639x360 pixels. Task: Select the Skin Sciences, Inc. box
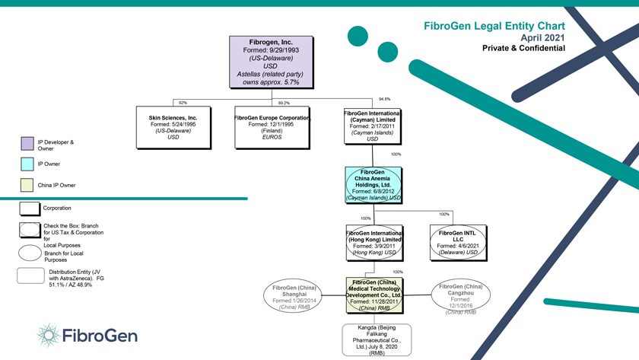point(173,127)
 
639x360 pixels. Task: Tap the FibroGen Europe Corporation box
point(272,127)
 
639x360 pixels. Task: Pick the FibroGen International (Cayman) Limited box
point(372,126)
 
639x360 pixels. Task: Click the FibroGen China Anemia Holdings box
point(373,184)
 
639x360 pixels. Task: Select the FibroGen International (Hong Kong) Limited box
point(374,242)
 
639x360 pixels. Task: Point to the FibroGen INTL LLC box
point(457,242)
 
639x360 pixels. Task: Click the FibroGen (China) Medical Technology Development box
point(374,295)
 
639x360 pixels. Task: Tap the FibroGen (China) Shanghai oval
point(294,297)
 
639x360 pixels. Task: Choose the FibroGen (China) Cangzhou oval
point(460,297)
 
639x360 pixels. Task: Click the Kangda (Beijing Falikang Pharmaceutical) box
point(377,339)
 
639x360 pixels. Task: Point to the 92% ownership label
point(183,102)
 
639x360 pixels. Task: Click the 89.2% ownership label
point(284,103)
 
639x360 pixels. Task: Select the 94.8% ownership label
point(384,99)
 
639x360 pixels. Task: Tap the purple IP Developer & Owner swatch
point(27,143)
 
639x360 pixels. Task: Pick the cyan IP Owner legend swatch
point(27,164)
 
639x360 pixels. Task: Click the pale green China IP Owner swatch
point(27,185)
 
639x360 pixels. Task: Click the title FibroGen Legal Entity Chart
point(494,26)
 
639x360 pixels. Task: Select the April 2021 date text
point(542,37)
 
